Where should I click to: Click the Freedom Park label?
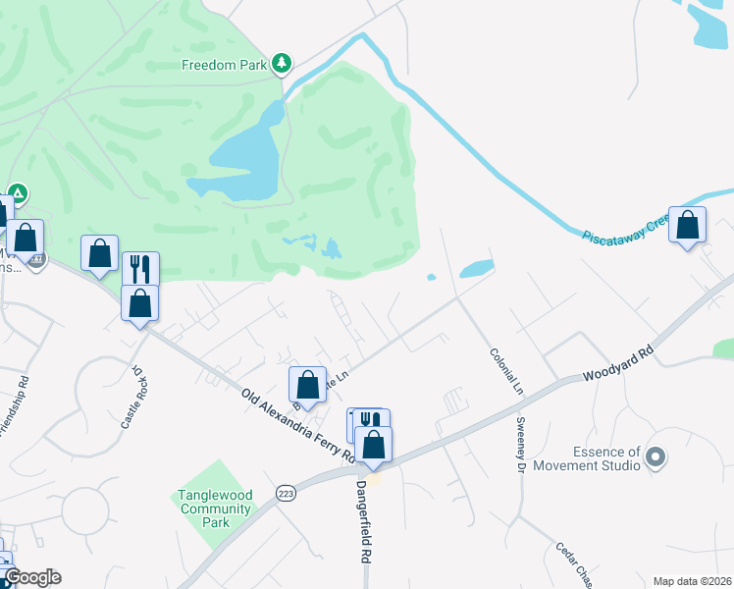(x=225, y=65)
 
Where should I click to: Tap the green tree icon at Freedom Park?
(x=282, y=64)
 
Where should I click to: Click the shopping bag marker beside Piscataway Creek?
(x=688, y=226)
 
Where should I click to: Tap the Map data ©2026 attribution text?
(x=692, y=581)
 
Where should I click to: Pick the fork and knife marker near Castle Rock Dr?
(x=140, y=269)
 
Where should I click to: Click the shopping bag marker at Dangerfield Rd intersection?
(x=374, y=444)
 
